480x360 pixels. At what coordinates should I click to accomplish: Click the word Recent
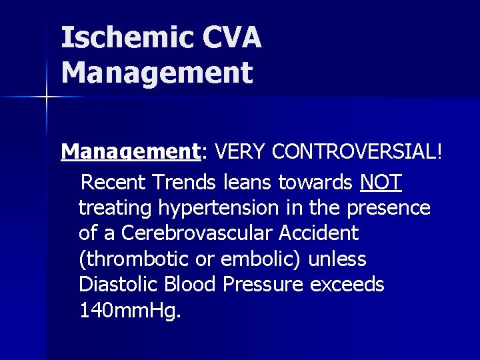117,181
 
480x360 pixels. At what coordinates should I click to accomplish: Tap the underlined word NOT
381,181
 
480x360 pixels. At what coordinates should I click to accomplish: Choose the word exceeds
348,285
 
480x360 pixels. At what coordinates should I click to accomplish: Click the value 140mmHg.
129,311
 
